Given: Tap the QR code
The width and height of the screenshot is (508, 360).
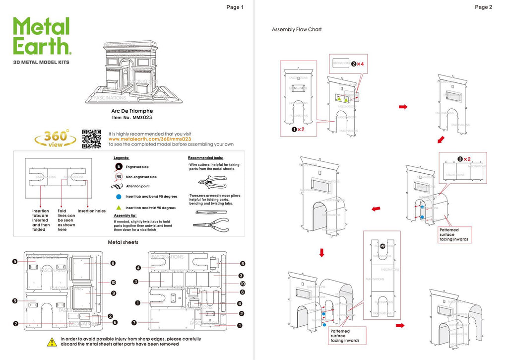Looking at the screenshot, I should click(x=91, y=139).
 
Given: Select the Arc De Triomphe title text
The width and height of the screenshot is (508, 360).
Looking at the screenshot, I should click(x=132, y=111).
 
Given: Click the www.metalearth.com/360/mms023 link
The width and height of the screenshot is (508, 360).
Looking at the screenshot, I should click(x=149, y=139).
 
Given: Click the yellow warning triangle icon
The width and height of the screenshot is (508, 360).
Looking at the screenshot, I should click(x=51, y=342).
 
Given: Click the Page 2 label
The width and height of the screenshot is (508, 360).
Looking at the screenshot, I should click(x=483, y=7).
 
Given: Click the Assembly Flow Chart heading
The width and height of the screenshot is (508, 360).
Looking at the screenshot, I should click(x=297, y=30).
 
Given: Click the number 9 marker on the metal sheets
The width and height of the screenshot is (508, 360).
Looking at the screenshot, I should click(x=113, y=293).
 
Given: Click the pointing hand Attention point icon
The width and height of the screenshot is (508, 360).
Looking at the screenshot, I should click(x=118, y=186).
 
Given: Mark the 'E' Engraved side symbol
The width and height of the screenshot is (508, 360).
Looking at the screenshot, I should click(x=119, y=167).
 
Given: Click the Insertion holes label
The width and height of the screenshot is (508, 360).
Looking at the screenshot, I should click(x=92, y=211).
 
